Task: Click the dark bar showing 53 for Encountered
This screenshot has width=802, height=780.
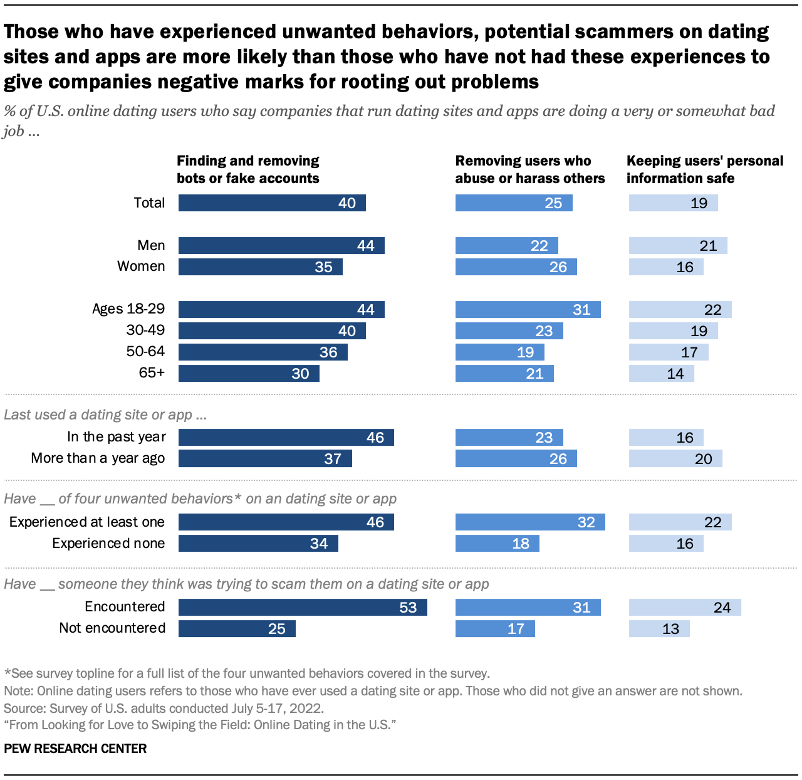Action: tap(303, 607)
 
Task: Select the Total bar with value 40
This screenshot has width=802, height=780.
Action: tap(272, 203)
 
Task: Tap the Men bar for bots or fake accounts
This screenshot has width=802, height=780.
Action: tap(281, 245)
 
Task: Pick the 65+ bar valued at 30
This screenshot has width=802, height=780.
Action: tap(249, 374)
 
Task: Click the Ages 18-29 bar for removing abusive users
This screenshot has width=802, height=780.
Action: tap(528, 309)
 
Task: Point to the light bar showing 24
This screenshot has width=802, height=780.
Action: tap(685, 607)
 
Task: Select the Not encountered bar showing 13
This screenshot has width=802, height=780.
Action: tap(659, 628)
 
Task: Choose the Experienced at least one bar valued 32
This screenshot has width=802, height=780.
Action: tap(530, 522)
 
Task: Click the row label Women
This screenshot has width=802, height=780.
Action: tap(141, 266)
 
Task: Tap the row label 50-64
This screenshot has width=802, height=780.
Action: tap(145, 352)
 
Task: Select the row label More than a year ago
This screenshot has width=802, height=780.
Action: tap(98, 458)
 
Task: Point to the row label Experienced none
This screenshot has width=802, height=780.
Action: tap(108, 544)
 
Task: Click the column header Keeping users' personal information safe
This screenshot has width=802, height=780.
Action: tap(705, 169)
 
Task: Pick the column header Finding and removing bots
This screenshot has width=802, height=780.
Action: tap(248, 169)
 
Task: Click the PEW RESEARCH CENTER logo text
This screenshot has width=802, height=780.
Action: tap(75, 749)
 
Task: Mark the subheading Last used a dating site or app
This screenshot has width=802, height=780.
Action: tap(105, 415)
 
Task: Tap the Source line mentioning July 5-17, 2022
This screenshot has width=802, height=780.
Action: tap(164, 709)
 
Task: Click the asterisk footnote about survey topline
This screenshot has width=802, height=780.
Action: tap(247, 673)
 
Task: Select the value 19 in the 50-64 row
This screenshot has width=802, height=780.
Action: tap(525, 352)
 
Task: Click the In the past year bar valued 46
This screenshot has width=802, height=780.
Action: tap(286, 437)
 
